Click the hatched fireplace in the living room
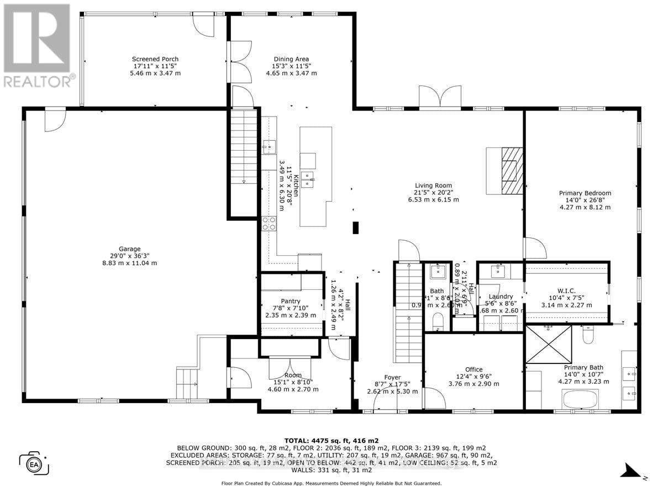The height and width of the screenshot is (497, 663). [x=509, y=171]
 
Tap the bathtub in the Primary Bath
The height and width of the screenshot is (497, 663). [x=580, y=398]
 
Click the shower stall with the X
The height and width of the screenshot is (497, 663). [x=549, y=344]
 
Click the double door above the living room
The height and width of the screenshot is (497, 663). [x=440, y=98]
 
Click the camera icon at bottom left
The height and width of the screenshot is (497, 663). [x=34, y=462]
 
